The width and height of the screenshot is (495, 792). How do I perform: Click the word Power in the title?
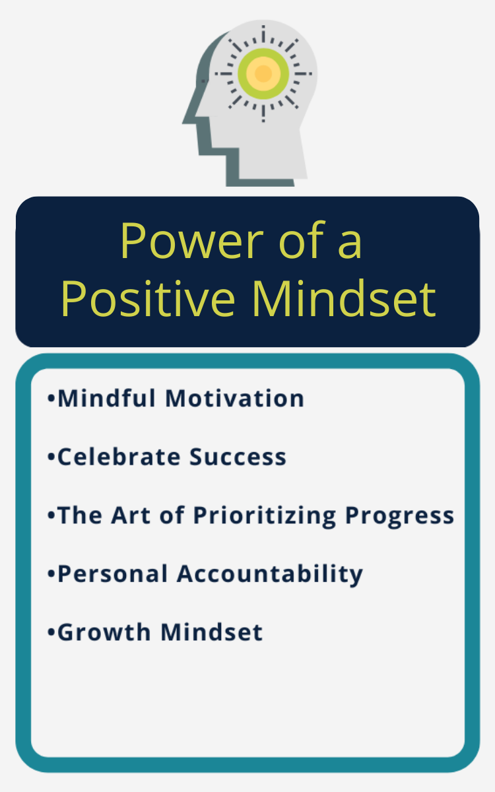coord(191,241)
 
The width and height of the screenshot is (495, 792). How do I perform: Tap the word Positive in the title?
coord(148,298)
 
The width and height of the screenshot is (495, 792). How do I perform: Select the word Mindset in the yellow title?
coord(344,298)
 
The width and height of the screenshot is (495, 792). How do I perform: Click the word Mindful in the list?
coord(106,398)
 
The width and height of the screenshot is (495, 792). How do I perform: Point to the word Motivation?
coord(235,398)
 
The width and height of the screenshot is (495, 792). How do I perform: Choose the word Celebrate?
coord(119,457)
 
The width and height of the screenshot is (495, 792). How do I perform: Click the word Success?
coord(238,457)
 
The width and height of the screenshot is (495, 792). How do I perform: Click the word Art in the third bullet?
coord(131,515)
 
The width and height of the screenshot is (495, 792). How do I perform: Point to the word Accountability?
coord(270,575)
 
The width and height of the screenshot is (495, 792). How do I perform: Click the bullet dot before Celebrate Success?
coord(51,457)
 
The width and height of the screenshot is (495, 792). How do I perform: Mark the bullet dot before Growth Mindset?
coord(51,632)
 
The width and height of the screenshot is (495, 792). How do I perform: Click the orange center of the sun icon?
coord(263,73)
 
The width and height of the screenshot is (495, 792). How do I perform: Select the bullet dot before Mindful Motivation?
coord(51,399)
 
